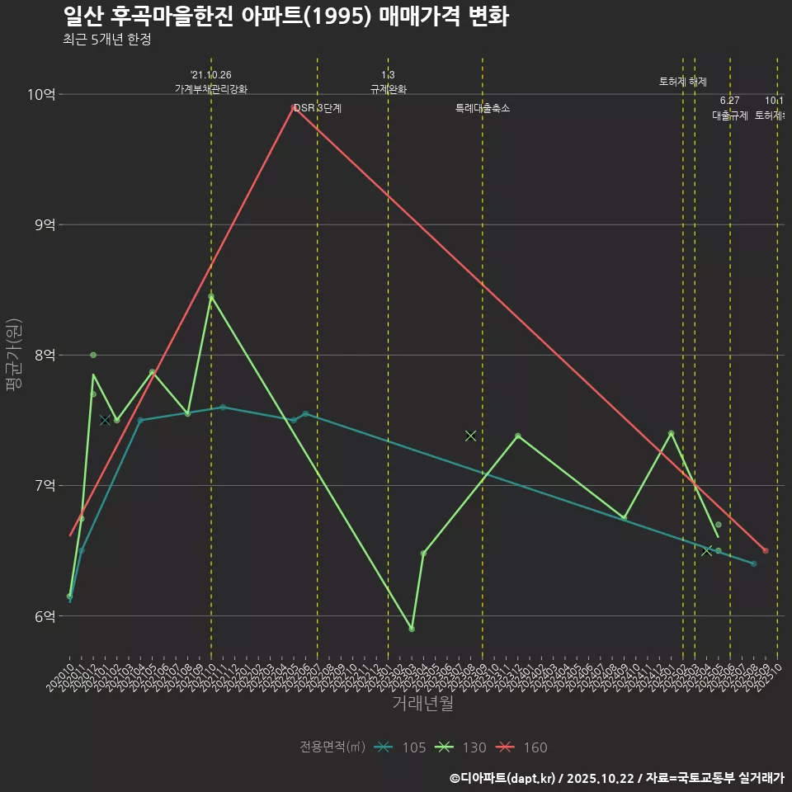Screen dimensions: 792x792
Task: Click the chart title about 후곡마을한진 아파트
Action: click(x=285, y=16)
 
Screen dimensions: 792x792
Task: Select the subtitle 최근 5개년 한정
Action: click(x=106, y=40)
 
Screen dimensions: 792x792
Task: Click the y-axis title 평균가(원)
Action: click(x=14, y=355)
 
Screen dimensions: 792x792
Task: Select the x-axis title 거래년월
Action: click(x=422, y=704)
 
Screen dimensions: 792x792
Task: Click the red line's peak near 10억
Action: click(x=294, y=106)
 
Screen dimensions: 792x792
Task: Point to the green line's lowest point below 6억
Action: click(x=412, y=629)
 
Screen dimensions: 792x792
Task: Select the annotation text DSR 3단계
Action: click(x=318, y=108)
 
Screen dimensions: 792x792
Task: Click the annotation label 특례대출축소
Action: click(x=483, y=108)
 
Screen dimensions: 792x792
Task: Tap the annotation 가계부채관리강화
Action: click(x=211, y=89)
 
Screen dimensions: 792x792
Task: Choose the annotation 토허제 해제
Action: click(x=683, y=82)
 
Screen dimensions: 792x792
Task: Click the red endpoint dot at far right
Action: click(x=766, y=550)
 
